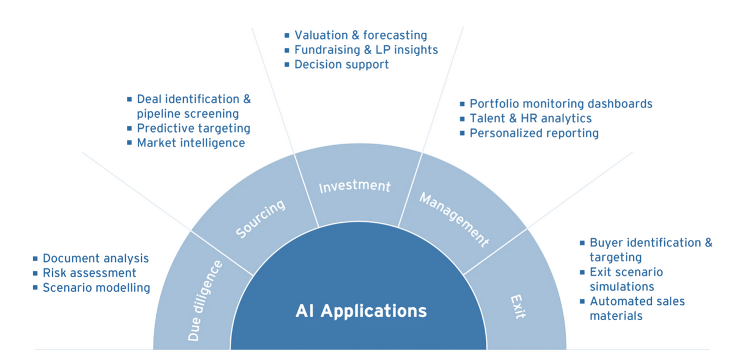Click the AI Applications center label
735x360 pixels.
[361, 311]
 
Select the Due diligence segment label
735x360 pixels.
[205, 301]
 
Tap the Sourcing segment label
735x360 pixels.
[260, 219]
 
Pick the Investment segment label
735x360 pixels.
[354, 187]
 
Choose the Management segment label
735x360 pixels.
[454, 220]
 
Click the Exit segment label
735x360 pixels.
[517, 307]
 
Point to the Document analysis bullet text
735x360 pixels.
[95, 258]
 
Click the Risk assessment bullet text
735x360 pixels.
[89, 273]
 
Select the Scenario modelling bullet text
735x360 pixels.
[96, 288]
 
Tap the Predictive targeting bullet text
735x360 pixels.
[193, 128]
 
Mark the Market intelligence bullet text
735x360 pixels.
[191, 142]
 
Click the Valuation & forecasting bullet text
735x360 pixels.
[361, 36]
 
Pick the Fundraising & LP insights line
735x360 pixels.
[366, 50]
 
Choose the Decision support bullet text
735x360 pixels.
[341, 64]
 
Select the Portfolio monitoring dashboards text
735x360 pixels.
[561, 104]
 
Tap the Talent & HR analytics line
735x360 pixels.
[531, 118]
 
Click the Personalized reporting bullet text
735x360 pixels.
[534, 133]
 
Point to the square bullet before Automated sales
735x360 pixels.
[582, 301]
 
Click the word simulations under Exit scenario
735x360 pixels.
[621, 287]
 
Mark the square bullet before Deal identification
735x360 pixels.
[129, 99]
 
